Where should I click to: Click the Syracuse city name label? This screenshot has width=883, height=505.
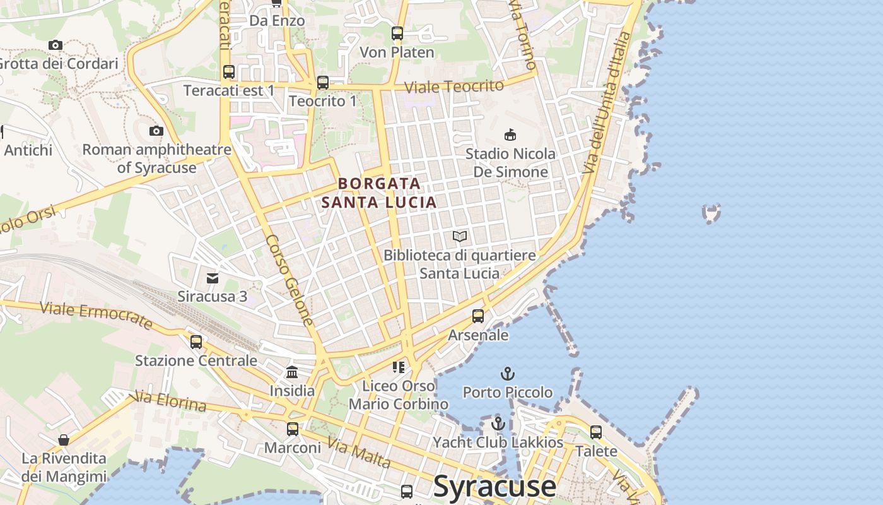pos(496,487)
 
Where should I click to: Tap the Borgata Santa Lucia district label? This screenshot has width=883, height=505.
pos(379,193)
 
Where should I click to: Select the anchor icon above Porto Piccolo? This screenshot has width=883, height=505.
pos(508,374)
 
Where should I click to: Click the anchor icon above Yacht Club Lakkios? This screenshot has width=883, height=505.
pos(499,424)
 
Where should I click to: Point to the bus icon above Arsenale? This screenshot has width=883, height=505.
pos(478,316)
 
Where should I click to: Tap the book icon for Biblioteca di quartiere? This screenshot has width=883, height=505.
pos(460,237)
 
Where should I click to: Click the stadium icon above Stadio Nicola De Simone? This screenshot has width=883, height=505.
pos(510,134)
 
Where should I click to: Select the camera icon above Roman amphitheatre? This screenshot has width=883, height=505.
pos(156,131)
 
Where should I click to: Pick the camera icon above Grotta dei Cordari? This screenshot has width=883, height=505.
pos(56,45)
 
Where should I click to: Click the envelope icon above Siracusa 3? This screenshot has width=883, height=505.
pos(213,278)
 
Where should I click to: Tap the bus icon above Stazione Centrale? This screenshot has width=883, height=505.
pos(196,342)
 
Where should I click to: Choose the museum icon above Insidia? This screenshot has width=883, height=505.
pos(292,372)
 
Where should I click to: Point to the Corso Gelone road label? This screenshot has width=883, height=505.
pos(289,280)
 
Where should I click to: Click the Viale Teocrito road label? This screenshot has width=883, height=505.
pos(454,86)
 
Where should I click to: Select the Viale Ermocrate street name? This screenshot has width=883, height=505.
pos(96,314)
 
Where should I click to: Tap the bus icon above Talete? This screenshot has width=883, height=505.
pos(596,432)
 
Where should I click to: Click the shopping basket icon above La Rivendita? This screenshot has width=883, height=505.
pos(64,440)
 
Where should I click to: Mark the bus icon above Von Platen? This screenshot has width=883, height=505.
pos(397,33)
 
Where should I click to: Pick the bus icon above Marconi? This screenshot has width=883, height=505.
pos(293,429)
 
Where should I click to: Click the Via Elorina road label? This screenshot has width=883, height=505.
pos(170,401)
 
